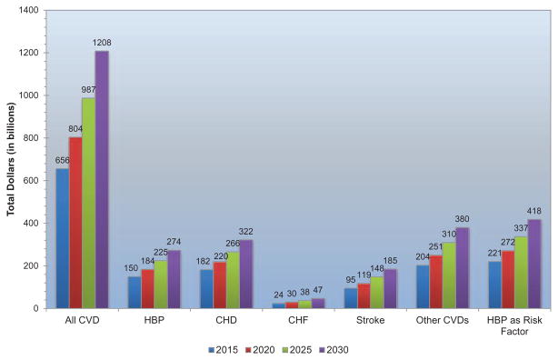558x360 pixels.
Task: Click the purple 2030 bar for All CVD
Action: [x=102, y=179]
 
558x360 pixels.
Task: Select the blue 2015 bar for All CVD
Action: [x=63, y=238]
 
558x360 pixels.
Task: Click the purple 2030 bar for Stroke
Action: [x=391, y=289]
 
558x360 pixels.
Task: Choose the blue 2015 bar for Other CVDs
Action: [x=423, y=286]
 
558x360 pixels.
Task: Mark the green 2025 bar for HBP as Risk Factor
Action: [x=521, y=273]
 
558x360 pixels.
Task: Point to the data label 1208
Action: [x=102, y=43]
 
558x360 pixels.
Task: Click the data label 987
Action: [x=88, y=89]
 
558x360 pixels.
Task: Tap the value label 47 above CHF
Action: [x=317, y=290]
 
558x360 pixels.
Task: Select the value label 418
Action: [x=533, y=211]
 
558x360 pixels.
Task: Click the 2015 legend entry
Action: [x=224, y=350]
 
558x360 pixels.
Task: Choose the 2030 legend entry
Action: [x=334, y=350]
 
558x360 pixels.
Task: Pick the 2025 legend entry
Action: [x=297, y=350]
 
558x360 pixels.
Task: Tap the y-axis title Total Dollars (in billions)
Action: [x=11, y=159]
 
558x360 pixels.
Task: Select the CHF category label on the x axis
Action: [x=298, y=320]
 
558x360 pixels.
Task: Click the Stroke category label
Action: [x=371, y=320]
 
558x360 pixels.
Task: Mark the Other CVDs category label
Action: [x=443, y=320]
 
